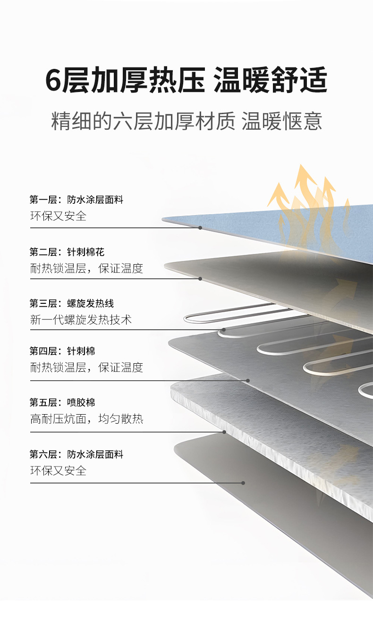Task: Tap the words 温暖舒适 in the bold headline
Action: pos(270,80)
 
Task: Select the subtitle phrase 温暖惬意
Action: pos(282,121)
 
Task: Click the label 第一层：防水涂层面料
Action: pos(76,200)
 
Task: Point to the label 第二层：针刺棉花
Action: pos(67,252)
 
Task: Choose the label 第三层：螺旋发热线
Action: pos(72,303)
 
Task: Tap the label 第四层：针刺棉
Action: pos(62,351)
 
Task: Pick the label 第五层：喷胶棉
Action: pos(62,402)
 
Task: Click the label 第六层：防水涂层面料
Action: pos(76,454)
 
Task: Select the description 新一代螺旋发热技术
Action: pos(81,320)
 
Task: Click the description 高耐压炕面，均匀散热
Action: pos(87,419)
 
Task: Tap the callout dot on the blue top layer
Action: pos(200,228)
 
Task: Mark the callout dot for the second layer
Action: pos(200,279)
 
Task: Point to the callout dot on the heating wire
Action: pos(224,330)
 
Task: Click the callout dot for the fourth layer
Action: pos(248,380)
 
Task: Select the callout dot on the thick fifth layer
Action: pos(224,432)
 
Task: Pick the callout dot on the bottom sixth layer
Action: pos(243,483)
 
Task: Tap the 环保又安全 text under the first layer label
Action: pos(59,216)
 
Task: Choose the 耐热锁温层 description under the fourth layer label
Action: pos(87,367)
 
